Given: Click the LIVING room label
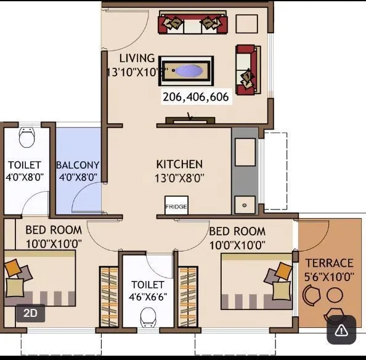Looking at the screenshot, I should pyautogui.click(x=137, y=59).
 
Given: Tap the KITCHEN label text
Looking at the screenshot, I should pyautogui.click(x=179, y=165).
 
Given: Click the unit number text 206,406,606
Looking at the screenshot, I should pyautogui.click(x=195, y=97).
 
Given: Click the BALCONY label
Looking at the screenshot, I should pyautogui.click(x=78, y=165).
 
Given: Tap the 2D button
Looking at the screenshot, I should pyautogui.click(x=30, y=313).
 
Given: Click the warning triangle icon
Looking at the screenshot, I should pyautogui.click(x=341, y=330).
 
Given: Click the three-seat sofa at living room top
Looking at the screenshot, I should pyautogui.click(x=193, y=24).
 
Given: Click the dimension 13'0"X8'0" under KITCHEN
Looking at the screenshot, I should pyautogui.click(x=180, y=178).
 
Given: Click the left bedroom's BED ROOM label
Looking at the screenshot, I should pyautogui.click(x=53, y=231).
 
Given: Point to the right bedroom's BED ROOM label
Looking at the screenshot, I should pyautogui.click(x=237, y=232).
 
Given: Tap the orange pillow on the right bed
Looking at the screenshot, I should pyautogui.click(x=283, y=270).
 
